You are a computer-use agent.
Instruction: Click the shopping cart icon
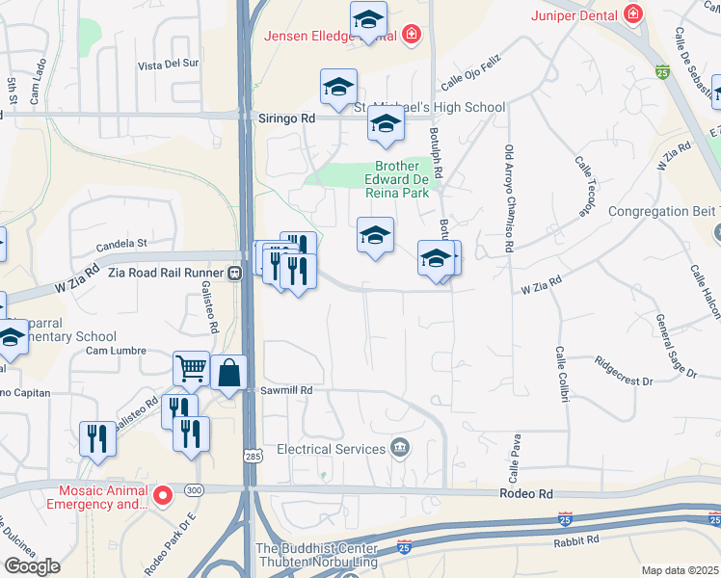tap(191, 367)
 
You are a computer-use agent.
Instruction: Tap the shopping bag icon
tap(229, 373)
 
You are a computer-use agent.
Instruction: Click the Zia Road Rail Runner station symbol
tap(234, 273)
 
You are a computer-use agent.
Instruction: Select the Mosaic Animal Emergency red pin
tap(163, 496)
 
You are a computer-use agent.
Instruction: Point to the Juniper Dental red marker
tap(632, 13)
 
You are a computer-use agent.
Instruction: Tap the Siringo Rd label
tap(286, 117)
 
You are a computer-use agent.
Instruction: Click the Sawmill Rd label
tap(287, 390)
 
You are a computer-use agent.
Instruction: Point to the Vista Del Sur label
tap(168, 66)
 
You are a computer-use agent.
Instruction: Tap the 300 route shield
tap(193, 489)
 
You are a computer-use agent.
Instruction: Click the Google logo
tap(32, 565)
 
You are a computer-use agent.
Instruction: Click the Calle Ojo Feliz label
tap(473, 75)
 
